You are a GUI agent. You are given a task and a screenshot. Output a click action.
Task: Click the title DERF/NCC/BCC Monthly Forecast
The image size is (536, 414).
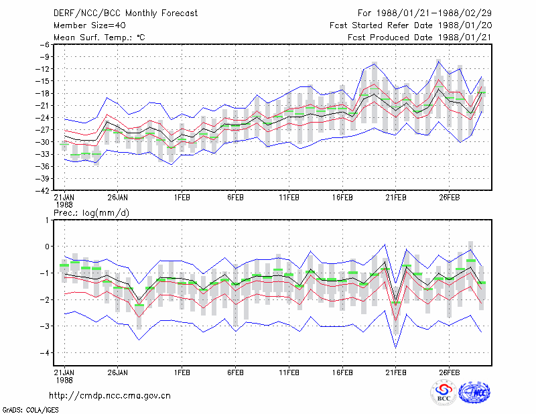click(125, 13)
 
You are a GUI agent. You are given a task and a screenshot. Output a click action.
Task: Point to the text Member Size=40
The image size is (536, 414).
click(90, 25)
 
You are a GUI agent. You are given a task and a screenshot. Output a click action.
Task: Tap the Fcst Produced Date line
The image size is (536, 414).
click(419, 38)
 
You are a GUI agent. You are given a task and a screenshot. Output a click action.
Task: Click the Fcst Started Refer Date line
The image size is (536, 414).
click(411, 25)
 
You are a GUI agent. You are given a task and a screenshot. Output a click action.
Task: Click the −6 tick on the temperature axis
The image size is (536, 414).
click(45, 44)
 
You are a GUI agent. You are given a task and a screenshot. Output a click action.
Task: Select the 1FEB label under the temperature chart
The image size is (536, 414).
click(182, 198)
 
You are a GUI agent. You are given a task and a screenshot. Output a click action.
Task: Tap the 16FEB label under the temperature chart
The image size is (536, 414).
click(342, 198)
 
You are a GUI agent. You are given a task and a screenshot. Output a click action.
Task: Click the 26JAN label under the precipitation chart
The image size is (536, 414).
click(118, 372)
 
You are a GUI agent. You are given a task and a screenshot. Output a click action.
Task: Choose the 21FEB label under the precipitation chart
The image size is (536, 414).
click(396, 372)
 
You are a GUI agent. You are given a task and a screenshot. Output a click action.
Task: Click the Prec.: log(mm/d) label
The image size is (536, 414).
click(91, 213)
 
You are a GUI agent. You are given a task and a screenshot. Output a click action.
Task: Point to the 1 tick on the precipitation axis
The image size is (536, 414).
click(47, 220)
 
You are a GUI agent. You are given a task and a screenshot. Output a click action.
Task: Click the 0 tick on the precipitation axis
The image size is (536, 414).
click(47, 247)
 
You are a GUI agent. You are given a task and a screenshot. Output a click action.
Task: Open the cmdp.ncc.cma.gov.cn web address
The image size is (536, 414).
click(110, 395)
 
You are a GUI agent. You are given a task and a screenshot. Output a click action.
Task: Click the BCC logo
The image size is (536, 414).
click(444, 393)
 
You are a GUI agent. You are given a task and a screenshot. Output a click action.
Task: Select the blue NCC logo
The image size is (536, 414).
click(474, 393)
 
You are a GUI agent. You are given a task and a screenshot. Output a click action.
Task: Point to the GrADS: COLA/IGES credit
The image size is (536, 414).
click(30, 410)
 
